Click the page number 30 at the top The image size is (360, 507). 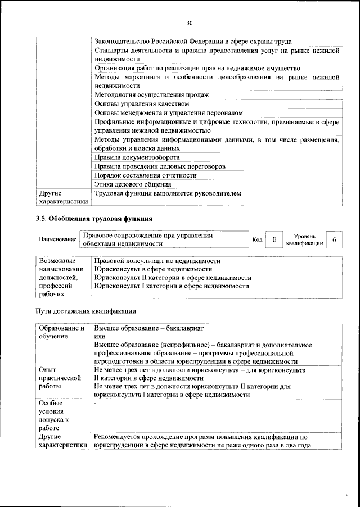[190, 22]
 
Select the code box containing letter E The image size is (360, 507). [274, 240]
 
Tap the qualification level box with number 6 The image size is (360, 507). [334, 240]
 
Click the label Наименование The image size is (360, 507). [57, 240]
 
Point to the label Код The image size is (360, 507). [257, 240]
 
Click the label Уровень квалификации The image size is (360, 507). [304, 240]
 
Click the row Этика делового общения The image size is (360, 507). [133, 184]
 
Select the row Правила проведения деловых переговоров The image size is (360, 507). [160, 166]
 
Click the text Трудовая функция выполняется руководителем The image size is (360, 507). [168, 193]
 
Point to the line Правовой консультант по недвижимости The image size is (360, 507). [157, 261]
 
